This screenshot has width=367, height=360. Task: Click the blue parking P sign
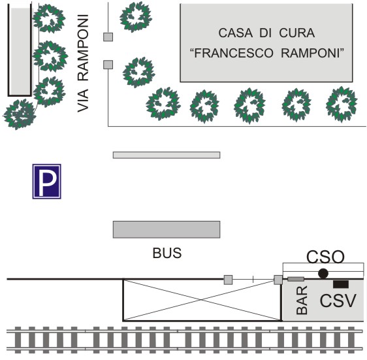(47, 182)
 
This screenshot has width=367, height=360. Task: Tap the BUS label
(167, 253)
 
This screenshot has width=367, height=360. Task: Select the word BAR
(302, 300)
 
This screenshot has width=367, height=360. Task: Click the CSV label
(338, 301)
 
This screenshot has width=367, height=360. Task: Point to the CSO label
(326, 257)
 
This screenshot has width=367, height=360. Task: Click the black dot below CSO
(323, 273)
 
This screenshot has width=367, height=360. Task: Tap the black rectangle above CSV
(341, 284)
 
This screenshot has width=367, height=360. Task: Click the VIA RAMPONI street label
(83, 63)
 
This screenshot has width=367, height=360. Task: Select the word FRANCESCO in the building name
(231, 53)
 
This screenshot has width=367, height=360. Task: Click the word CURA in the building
(296, 33)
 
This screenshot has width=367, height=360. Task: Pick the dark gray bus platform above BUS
(167, 229)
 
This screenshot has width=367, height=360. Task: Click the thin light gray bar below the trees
(167, 155)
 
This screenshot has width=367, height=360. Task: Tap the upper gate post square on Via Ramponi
(108, 37)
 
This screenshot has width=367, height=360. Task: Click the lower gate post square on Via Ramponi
(108, 65)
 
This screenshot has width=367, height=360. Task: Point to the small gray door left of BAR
(296, 279)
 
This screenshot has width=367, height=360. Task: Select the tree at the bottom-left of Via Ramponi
(20, 114)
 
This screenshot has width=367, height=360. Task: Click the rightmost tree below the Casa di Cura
(342, 105)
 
